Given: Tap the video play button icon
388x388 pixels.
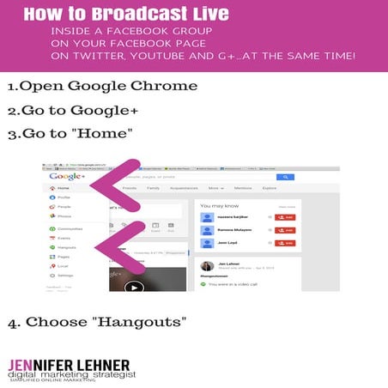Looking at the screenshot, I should click(133, 287).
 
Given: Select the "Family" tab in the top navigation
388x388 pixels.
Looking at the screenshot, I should click(154, 187).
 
